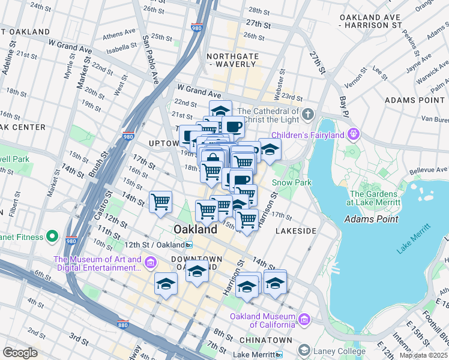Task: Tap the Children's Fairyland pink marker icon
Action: point(354,133)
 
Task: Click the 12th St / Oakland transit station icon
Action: point(188,245)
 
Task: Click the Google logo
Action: point(20,353)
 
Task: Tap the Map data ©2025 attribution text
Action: point(423,355)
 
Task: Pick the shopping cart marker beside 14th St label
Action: point(161,202)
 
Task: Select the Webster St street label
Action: point(282,79)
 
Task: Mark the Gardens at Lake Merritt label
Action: point(373,198)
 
